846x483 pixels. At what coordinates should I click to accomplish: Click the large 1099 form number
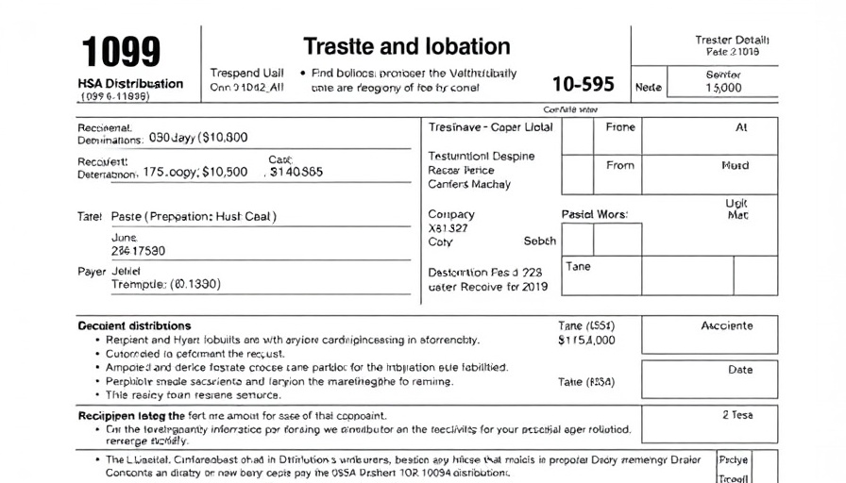click(x=121, y=52)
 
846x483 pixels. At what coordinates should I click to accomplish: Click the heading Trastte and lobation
click(x=406, y=46)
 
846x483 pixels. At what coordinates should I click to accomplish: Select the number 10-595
click(x=583, y=84)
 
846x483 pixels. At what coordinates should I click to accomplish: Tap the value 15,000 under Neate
click(x=724, y=88)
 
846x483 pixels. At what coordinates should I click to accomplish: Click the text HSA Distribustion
click(x=130, y=83)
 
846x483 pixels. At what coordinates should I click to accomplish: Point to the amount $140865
click(x=296, y=173)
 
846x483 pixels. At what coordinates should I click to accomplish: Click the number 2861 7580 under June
click(x=138, y=251)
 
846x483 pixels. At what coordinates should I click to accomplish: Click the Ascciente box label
click(x=726, y=325)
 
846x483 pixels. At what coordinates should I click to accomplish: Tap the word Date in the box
click(x=740, y=371)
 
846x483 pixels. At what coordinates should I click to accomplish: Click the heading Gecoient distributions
click(x=134, y=325)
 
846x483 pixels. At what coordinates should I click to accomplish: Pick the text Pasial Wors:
click(x=595, y=214)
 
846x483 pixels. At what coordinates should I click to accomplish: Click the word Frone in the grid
click(x=620, y=127)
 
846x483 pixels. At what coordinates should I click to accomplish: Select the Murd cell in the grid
click(x=735, y=165)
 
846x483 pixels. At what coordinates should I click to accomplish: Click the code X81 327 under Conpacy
click(x=448, y=228)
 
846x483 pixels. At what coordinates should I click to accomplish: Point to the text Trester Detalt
click(x=732, y=40)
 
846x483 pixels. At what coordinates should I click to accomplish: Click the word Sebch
click(x=539, y=241)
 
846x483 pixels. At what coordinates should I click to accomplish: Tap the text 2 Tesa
click(x=737, y=415)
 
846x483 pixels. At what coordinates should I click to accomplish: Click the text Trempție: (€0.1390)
click(x=166, y=284)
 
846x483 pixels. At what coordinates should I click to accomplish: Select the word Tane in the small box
click(x=578, y=266)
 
